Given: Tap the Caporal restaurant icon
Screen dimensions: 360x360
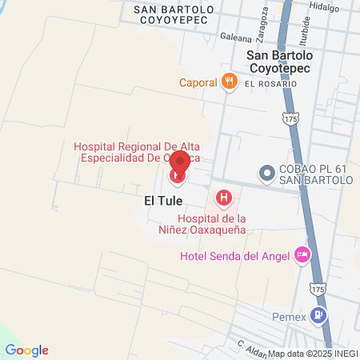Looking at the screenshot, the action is pos(230,81).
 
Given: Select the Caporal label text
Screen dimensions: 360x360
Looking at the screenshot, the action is pos(198,82).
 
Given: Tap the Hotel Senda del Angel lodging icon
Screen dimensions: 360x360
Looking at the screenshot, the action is pos(302,255).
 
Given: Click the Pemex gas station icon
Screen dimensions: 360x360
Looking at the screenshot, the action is pos(320,314).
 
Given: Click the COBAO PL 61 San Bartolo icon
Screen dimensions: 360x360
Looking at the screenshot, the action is pos(266,173).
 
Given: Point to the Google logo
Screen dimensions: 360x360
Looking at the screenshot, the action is pos(26,350).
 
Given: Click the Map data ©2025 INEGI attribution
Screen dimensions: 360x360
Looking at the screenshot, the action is pos(313,354).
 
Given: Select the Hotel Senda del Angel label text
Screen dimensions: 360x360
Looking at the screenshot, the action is pos(234,256).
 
